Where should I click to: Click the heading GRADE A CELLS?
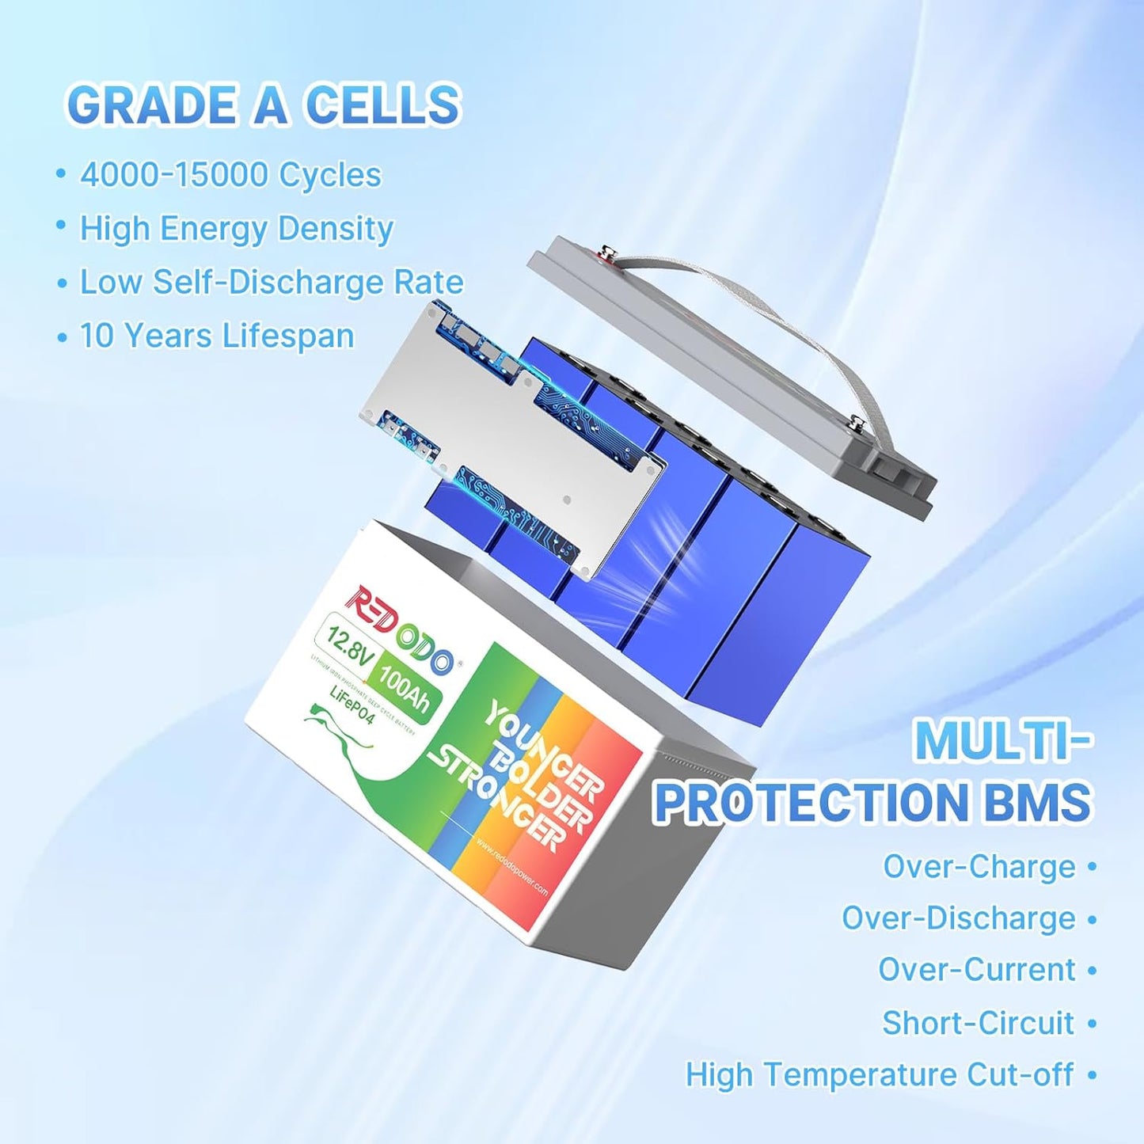(x=264, y=105)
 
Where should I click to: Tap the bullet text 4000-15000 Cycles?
(x=230, y=175)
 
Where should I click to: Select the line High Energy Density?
(x=236, y=229)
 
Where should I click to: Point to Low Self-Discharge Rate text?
(x=272, y=283)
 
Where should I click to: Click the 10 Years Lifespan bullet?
(x=216, y=336)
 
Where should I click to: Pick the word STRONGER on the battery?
(x=498, y=800)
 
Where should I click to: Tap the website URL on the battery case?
(x=512, y=867)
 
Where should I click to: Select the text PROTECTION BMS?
(x=872, y=802)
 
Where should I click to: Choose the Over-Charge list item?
(x=979, y=866)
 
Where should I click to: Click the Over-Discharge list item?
(x=958, y=918)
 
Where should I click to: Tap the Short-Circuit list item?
(x=979, y=1023)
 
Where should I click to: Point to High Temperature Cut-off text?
(x=879, y=1075)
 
